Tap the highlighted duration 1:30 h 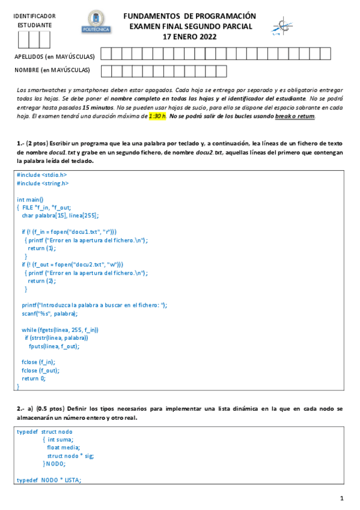coord(157,116)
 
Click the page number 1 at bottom coord(341,498)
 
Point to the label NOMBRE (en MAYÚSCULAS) coord(52,70)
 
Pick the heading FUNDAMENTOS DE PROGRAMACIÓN coord(189,16)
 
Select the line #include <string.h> coord(43,183)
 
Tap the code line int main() coord(30,199)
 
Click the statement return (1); coord(41,248)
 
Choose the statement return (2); coord(41,280)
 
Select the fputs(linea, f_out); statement coord(54,346)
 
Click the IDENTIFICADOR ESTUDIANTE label coord(34,20)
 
